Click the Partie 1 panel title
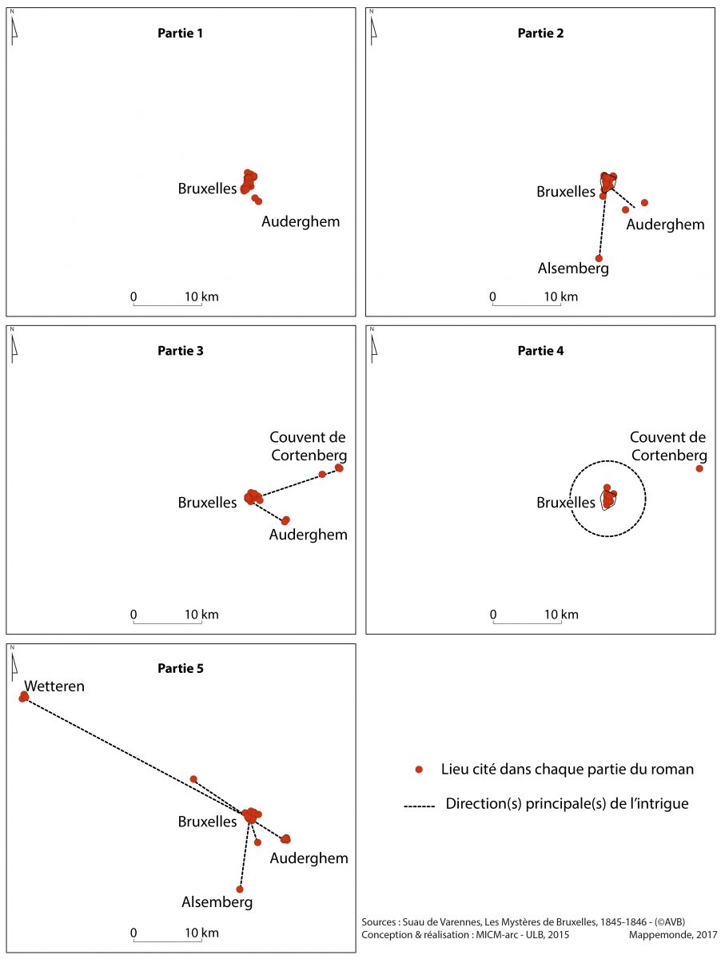pos(180,34)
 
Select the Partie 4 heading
pos(540,351)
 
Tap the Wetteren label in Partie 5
pos(54,686)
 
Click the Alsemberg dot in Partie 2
pos(599,258)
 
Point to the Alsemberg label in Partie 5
pos(217,901)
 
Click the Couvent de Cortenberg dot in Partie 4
pos(699,468)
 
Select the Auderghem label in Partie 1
pos(301,221)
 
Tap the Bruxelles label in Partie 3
pos(207,502)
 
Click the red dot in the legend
pos(419,769)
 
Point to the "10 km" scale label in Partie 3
pos(201,615)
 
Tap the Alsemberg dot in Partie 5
pos(240,889)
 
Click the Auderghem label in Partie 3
pos(308,535)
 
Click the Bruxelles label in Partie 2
pos(566,191)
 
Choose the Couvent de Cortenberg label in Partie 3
pos(308,446)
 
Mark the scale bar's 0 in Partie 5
pos(133,933)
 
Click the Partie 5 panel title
pos(181,668)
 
